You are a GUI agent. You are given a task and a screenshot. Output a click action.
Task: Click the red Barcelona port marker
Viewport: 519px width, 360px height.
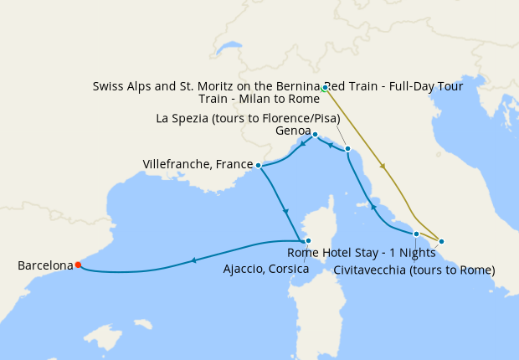coord(78,265)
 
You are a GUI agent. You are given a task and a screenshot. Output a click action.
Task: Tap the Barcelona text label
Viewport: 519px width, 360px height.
coord(45,265)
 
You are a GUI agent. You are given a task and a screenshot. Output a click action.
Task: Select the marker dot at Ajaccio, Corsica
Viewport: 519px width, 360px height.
coord(308,240)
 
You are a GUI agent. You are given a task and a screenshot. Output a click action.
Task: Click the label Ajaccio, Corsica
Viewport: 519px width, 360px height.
coord(266,269)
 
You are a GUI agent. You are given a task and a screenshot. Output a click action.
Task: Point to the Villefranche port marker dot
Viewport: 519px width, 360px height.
coord(258,166)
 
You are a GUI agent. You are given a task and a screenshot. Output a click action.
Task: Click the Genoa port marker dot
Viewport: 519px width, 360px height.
coord(315,134)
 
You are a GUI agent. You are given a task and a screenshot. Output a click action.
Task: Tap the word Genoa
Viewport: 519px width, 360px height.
coord(292,131)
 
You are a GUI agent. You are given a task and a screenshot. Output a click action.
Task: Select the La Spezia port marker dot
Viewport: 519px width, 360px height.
coord(347,149)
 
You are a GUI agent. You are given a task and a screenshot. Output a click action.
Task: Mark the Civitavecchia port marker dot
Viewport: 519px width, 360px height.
coord(416,234)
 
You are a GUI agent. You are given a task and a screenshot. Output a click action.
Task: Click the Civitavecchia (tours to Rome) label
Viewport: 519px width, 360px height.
coord(414,270)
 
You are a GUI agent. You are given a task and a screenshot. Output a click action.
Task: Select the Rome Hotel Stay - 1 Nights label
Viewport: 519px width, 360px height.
coord(362,253)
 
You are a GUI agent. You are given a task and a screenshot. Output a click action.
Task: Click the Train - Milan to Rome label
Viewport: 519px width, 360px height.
coord(259,98)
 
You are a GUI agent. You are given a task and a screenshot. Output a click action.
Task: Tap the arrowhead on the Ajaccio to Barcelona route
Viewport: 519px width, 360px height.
coord(193,260)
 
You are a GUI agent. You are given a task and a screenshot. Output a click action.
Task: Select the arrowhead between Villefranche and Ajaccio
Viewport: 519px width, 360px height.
coord(285,210)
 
